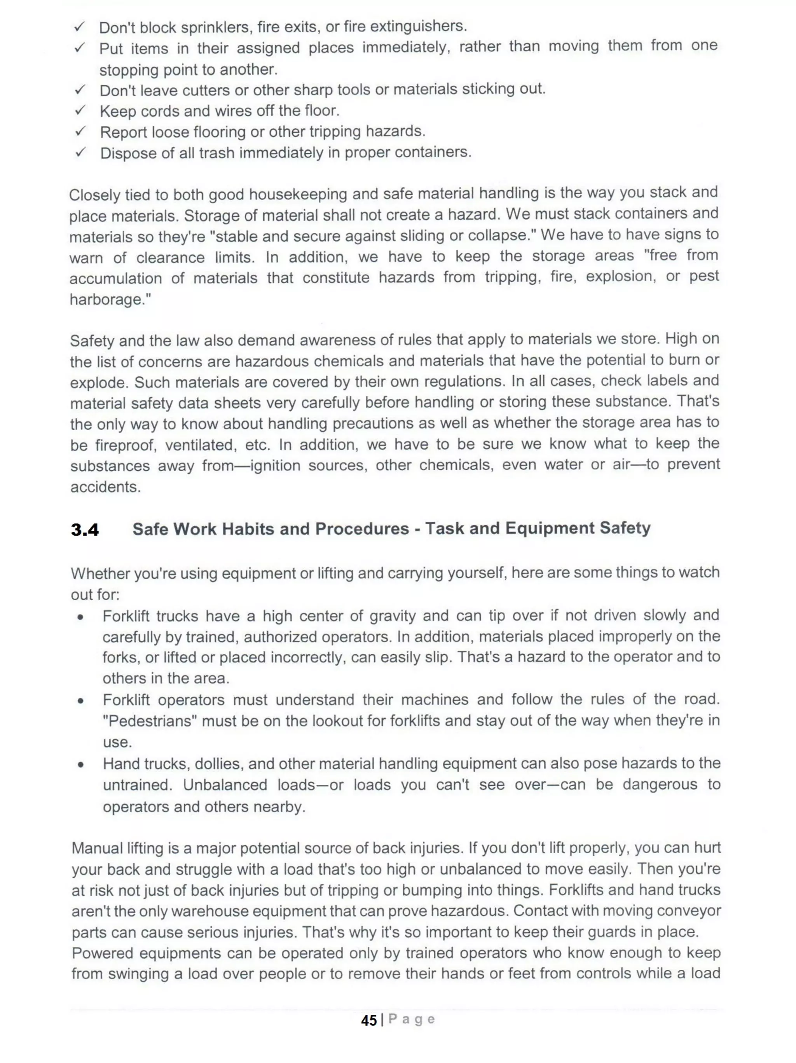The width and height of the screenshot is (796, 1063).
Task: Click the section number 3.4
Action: (85, 530)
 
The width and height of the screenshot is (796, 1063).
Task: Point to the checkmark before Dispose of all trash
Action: (80, 152)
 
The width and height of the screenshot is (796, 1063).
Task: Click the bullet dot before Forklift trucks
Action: (81, 617)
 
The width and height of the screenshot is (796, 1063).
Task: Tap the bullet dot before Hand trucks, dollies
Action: (81, 765)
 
